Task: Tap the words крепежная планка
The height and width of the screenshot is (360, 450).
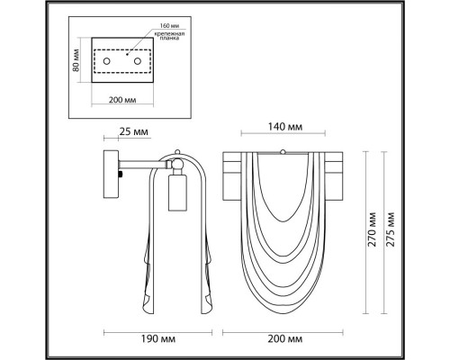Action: pos(169,36)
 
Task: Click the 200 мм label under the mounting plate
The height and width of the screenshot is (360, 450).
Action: pos(122,100)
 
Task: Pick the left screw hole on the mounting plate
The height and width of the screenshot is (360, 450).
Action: pos(106,61)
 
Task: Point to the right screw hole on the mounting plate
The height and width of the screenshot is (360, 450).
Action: pos(138,61)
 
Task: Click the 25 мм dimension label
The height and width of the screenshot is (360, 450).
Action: pos(134,131)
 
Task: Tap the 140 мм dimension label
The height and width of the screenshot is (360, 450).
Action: pos(285,127)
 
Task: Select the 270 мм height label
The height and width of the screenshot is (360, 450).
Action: pos(373,229)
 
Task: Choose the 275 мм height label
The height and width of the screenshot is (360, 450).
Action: pos(390,229)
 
